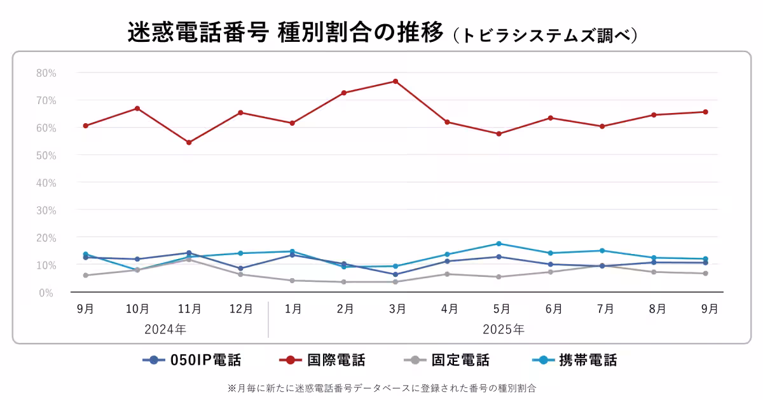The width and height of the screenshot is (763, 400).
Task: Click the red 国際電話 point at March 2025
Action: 395,81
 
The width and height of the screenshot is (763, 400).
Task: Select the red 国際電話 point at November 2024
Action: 189,142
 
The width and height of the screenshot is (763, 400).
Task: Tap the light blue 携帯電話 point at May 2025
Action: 499,244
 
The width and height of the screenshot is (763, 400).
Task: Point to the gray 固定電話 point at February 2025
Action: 344,282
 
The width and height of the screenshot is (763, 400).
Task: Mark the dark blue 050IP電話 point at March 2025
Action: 395,274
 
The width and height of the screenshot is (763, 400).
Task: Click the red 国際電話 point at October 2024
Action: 137,109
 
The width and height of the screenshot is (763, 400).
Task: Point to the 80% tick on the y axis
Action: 46,73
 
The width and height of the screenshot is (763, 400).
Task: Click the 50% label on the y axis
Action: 46,156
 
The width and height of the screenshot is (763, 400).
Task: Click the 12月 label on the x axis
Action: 241,309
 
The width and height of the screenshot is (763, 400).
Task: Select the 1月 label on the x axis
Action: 292,309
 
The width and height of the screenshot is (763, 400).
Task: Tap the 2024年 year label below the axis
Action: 165,330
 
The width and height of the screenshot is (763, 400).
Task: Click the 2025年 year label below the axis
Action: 504,330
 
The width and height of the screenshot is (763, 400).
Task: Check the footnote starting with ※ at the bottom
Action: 381,387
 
